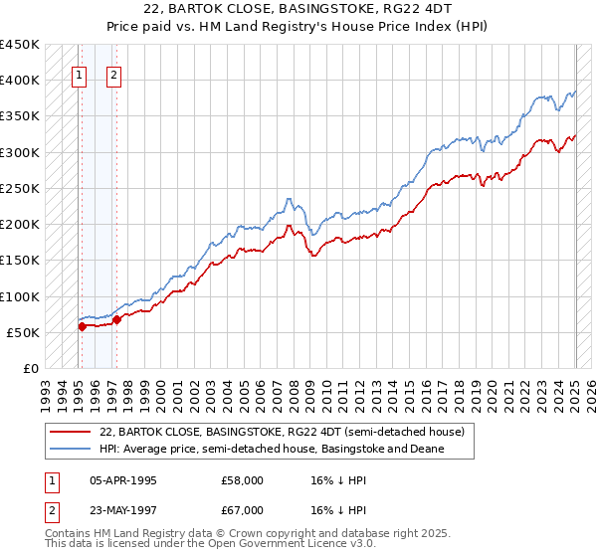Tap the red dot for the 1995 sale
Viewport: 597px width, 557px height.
[82, 326]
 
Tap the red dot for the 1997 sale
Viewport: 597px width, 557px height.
[116, 319]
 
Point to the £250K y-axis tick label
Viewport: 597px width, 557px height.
[20, 188]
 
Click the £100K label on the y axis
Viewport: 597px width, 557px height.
[20, 296]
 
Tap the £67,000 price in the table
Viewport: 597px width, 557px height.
[242, 510]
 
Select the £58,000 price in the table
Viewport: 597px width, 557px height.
[242, 480]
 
